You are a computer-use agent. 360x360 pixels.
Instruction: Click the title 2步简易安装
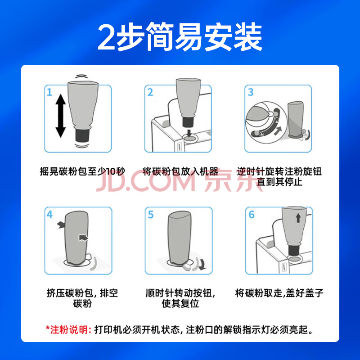point(180,37)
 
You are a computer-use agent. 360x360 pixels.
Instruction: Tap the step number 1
point(49,92)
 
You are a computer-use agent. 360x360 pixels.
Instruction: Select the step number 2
point(150,92)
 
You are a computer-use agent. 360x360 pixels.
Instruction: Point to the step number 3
point(251,92)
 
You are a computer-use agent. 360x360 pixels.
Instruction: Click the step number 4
point(49,215)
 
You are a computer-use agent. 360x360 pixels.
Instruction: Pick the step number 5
point(150,215)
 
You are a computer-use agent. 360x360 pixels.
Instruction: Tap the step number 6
point(252,215)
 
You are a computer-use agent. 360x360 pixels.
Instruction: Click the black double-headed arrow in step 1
point(61,116)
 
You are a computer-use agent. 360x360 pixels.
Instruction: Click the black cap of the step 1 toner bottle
point(82,136)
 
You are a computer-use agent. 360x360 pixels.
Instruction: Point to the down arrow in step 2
point(189,133)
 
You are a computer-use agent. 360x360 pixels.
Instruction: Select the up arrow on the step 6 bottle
point(298,218)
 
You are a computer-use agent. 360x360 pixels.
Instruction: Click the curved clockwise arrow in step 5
point(202,265)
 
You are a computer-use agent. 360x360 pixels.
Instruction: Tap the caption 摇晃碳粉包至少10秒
point(83,171)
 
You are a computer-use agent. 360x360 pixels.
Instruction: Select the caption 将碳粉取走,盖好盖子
point(279,293)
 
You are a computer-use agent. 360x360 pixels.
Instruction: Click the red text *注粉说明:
point(68,330)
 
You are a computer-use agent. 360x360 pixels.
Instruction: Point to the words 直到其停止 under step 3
point(279,182)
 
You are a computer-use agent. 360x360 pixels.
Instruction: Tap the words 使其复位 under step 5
point(180,303)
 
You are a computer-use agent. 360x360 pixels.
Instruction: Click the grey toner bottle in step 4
point(77,238)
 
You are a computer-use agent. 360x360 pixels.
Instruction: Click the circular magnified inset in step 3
point(266,122)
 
